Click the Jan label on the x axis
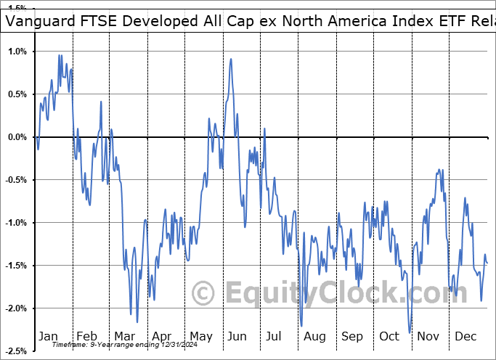48,336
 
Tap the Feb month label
86,336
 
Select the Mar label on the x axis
123,336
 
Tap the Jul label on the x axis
275,336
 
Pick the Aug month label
314,336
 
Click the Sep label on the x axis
352,336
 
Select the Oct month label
389,336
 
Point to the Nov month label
427,336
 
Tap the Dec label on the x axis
465,336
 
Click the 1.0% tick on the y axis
17,52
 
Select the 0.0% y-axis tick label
17,137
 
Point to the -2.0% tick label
15,308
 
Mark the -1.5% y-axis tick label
15,266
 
